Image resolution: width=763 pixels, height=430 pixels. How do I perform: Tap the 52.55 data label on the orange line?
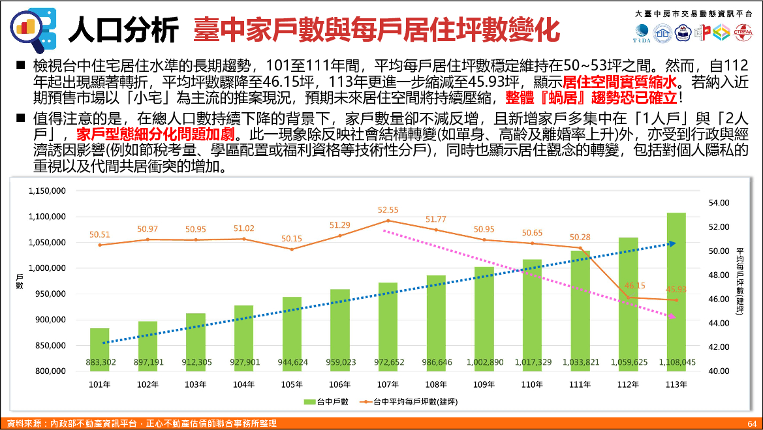(x=388, y=210)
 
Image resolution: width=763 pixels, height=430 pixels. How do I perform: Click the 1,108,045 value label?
(x=676, y=362)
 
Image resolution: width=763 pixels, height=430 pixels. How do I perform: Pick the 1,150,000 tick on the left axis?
(x=47, y=191)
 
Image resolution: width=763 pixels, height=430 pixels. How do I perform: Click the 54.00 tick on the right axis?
(x=719, y=203)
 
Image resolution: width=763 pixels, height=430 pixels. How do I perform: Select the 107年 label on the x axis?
(x=388, y=385)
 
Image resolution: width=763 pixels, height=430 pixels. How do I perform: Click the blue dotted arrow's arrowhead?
(x=672, y=244)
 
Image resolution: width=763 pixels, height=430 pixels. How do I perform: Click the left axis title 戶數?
(x=19, y=281)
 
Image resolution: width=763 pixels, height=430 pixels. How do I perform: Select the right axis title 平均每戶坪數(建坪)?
(x=740, y=281)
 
